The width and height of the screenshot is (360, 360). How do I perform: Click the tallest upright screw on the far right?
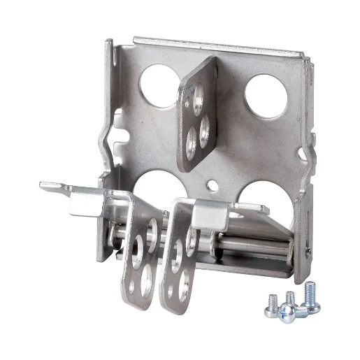(x=310, y=293)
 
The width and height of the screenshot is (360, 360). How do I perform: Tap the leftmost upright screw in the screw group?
(x=268, y=301)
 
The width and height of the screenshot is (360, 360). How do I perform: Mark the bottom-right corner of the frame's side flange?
(x=301, y=277)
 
